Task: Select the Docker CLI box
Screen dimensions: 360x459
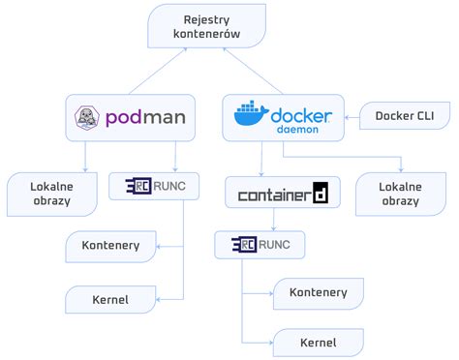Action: (404, 117)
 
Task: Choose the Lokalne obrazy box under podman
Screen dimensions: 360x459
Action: (51, 193)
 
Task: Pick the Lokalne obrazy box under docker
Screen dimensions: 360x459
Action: (400, 193)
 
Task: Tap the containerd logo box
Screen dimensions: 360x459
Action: (282, 194)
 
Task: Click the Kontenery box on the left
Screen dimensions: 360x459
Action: (110, 246)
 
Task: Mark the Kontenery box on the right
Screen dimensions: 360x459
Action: (319, 290)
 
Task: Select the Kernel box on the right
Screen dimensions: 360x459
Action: (319, 343)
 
